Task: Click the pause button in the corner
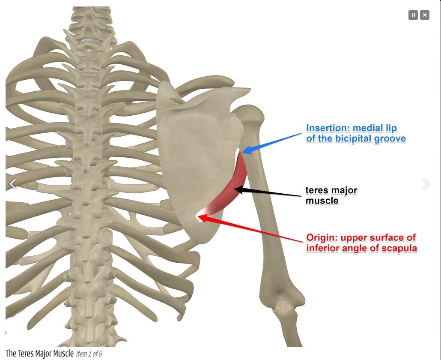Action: (413, 15)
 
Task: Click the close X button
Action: (425, 15)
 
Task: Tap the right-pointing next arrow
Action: (426, 184)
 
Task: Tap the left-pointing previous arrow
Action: (13, 184)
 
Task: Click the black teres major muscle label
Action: (331, 195)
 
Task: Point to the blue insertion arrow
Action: (274, 142)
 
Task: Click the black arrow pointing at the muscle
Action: (270, 192)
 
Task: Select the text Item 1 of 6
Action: (89, 354)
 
